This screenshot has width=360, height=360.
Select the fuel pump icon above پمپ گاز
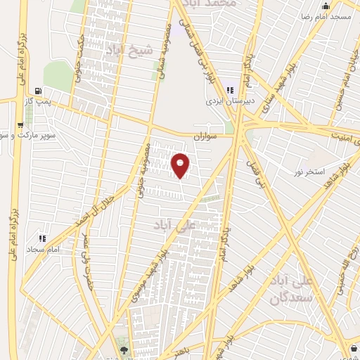pyautogui.click(x=37, y=91)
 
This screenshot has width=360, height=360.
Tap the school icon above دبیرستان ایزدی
pyautogui.click(x=230, y=90)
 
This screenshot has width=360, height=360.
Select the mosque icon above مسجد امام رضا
pyautogui.click(x=324, y=5)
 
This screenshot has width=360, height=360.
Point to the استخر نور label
pyautogui.click(x=309, y=172)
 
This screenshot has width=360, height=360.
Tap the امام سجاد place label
pyautogui.click(x=43, y=250)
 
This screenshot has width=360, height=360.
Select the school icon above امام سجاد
pyautogui.click(x=42, y=239)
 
